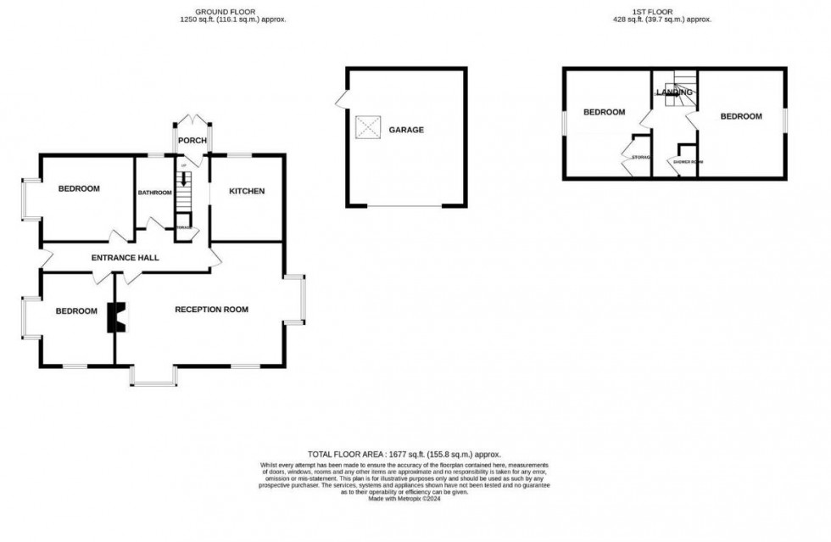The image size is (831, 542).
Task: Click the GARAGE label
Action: pyautogui.click(x=406, y=130)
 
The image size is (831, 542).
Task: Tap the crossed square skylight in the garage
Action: pyautogui.click(x=368, y=127)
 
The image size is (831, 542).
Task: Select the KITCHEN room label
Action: pyautogui.click(x=247, y=191)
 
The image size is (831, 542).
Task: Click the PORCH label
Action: pyautogui.click(x=192, y=140)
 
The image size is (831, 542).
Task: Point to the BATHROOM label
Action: pyautogui.click(x=155, y=193)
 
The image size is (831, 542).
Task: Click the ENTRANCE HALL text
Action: pyautogui.click(x=125, y=257)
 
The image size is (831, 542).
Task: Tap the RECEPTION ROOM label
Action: pyautogui.click(x=211, y=310)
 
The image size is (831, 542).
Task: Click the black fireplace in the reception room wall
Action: pyautogui.click(x=114, y=317)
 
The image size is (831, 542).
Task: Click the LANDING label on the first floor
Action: pyautogui.click(x=674, y=92)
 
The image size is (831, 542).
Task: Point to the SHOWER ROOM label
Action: pyautogui.click(x=688, y=161)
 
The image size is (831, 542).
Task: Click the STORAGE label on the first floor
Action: pyautogui.click(x=640, y=157)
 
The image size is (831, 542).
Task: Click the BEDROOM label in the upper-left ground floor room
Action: pyautogui.click(x=79, y=188)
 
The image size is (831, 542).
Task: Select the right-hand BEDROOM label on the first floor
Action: pyautogui.click(x=740, y=116)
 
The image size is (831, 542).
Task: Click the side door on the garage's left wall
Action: pyautogui.click(x=341, y=100)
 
